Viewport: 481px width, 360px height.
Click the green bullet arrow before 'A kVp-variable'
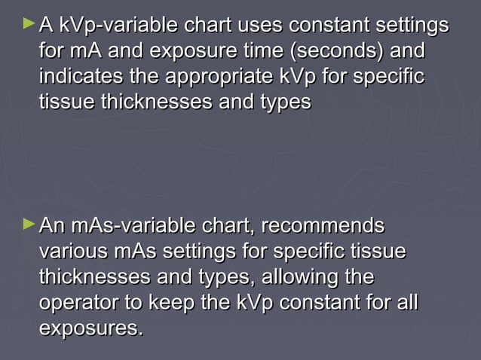point(29,25)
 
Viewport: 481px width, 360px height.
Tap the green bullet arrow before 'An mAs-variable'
point(29,224)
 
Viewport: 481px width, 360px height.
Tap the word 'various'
point(73,252)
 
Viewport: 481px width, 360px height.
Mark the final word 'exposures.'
point(90,328)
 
